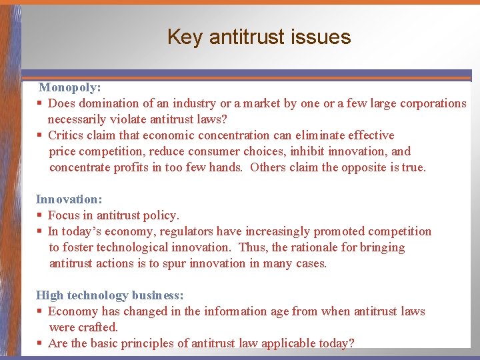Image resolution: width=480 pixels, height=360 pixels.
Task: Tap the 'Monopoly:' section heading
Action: [69, 87]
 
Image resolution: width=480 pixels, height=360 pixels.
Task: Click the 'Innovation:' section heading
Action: [68, 199]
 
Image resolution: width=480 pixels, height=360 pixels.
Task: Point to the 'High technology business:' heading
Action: [109, 295]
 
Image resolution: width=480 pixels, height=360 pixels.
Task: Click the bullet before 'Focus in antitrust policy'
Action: [40, 215]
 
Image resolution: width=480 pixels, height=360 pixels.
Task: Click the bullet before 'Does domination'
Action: [40, 103]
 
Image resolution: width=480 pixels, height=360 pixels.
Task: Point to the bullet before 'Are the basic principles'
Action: [40, 343]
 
